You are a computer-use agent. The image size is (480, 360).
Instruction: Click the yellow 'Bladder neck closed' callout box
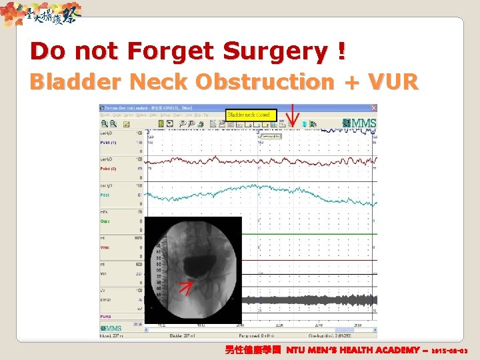tap(249, 115)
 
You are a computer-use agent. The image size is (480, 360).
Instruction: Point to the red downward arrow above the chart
tap(291, 114)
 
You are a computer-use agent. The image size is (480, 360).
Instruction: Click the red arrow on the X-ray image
tap(187, 287)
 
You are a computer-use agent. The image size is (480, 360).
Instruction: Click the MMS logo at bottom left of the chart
tap(111, 328)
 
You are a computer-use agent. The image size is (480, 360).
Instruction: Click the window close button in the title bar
tap(374, 107)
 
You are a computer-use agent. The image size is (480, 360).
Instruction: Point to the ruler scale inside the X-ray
tap(157, 267)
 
